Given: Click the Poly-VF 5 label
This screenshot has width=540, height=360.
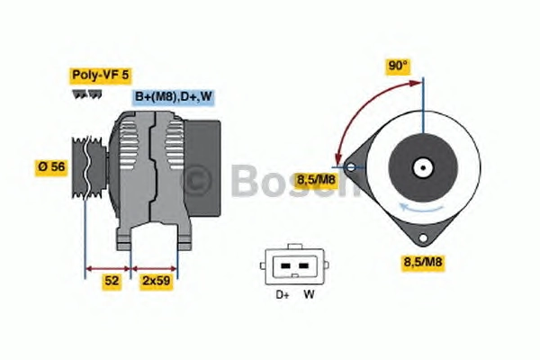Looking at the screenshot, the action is click(x=101, y=75).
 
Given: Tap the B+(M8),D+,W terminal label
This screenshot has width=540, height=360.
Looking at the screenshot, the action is click(x=173, y=96).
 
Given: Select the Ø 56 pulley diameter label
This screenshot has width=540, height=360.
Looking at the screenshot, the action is click(x=51, y=167).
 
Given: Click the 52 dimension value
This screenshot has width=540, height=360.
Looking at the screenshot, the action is click(x=112, y=281).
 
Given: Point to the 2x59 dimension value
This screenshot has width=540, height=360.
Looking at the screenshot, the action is click(x=157, y=281).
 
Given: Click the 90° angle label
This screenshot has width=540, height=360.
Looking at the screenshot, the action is click(x=398, y=66).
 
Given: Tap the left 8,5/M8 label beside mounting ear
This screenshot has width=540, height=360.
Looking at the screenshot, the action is click(x=316, y=180).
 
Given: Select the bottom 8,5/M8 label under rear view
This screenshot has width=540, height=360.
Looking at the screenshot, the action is click(x=423, y=262).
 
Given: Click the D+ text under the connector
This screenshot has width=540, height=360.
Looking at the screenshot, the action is click(x=283, y=295).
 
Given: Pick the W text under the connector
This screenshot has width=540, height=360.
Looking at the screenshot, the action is click(x=309, y=294).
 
